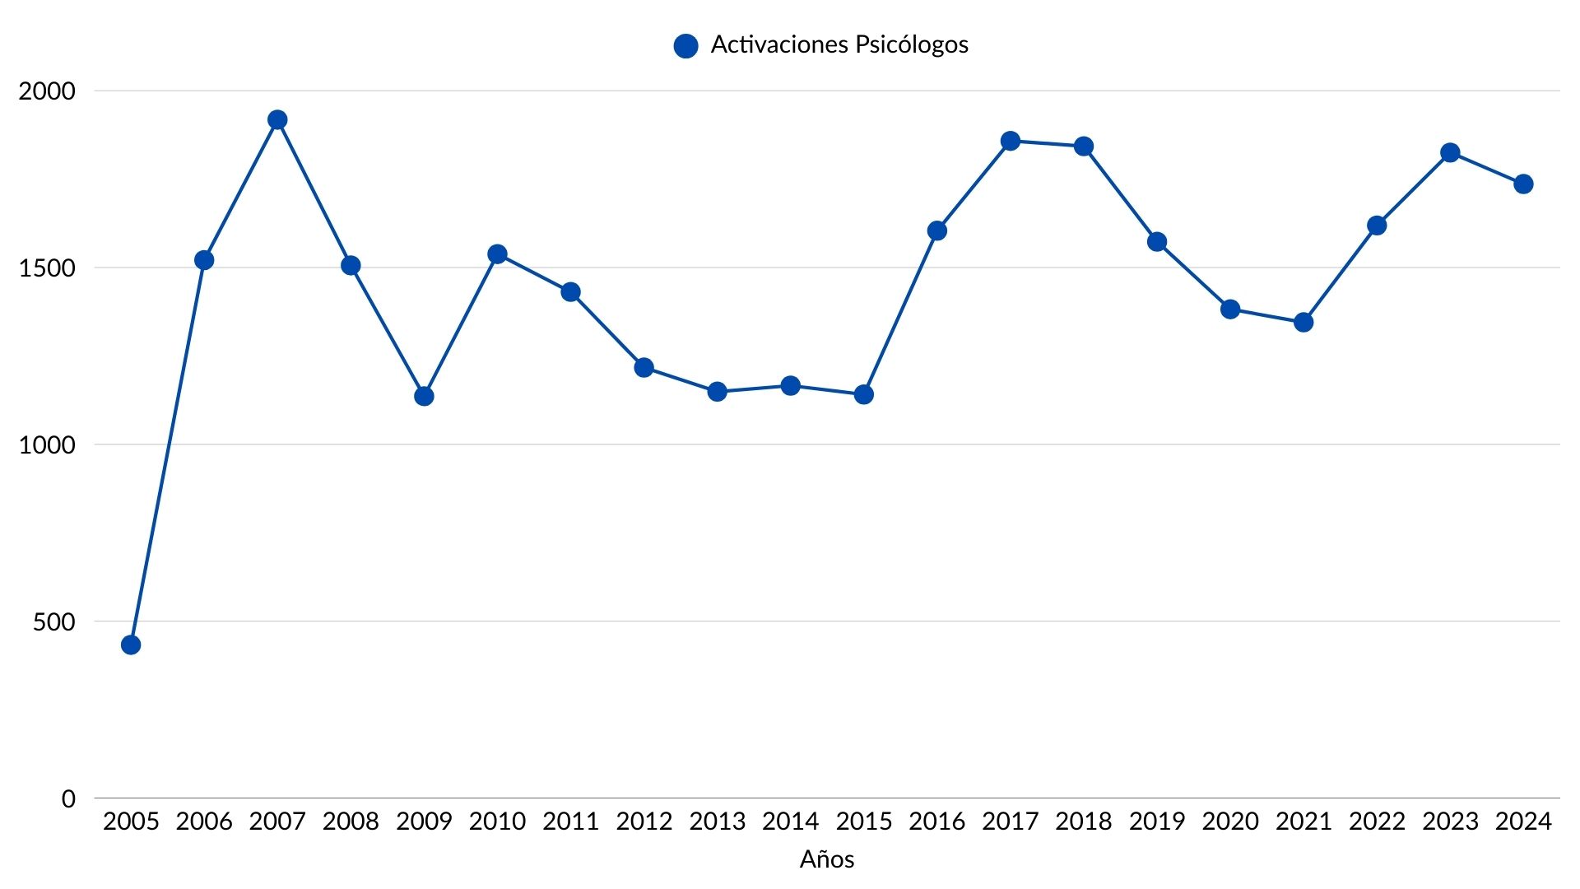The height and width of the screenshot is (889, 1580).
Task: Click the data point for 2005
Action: coord(131,645)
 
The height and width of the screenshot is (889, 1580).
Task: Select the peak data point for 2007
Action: coord(277,120)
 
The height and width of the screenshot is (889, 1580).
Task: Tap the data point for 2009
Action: coord(424,396)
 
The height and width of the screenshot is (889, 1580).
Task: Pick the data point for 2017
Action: coord(1011,142)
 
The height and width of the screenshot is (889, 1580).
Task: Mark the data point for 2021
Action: coord(1303,322)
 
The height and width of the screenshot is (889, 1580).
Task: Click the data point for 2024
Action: coord(1523,184)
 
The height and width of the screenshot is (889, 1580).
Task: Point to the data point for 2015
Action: coord(864,394)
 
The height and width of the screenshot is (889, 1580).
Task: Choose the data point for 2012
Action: coord(644,367)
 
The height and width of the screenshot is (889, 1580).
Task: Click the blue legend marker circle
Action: coord(685,46)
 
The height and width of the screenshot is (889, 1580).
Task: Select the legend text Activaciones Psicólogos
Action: coord(839,44)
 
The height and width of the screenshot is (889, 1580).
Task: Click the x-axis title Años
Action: coord(827,859)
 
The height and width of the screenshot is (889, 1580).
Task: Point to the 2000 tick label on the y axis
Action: coord(47,91)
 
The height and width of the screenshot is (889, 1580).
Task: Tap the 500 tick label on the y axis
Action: coord(54,621)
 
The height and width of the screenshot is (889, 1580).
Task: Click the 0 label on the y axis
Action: coord(68,798)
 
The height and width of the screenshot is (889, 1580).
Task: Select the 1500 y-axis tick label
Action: coord(47,268)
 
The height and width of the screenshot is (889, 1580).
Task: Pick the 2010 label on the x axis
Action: coord(497,822)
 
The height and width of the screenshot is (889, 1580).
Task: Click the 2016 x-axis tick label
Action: coord(937,822)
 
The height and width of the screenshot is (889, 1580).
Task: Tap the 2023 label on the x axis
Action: coord(1450,822)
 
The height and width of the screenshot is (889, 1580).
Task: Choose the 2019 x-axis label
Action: coord(1157,822)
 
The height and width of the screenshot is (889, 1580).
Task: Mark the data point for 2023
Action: coord(1450,153)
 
